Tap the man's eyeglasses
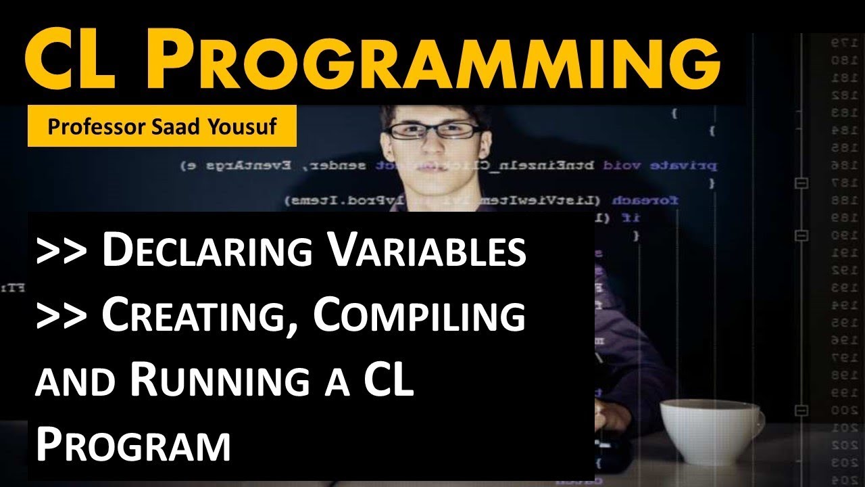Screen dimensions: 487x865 (432, 130)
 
